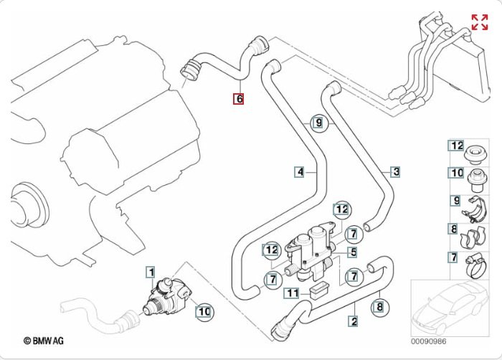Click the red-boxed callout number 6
click(x=239, y=99)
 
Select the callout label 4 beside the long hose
click(x=300, y=172)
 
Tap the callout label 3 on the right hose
click(x=396, y=172)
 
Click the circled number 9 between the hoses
click(x=318, y=123)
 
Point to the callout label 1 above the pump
click(x=151, y=273)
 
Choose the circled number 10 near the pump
click(x=204, y=311)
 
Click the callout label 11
click(x=293, y=293)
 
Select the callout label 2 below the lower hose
click(x=354, y=321)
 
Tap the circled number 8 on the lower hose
click(x=379, y=307)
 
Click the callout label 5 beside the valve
click(x=353, y=252)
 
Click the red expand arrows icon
click(x=480, y=22)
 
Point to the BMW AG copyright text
click(x=44, y=341)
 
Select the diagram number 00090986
click(x=428, y=341)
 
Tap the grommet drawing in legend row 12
click(x=475, y=155)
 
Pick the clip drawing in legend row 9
click(x=474, y=210)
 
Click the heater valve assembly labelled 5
click(x=311, y=253)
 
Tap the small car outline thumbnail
click(x=450, y=308)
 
